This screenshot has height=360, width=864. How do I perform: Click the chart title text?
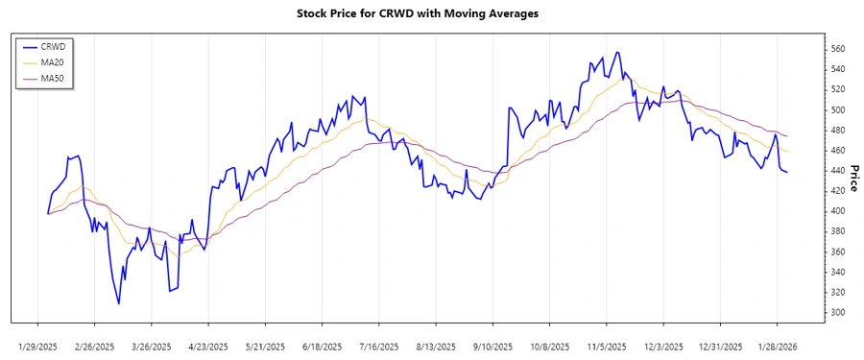(x=432, y=14)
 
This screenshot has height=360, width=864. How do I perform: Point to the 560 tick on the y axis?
(x=837, y=49)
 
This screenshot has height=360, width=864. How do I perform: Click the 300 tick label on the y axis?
(x=837, y=313)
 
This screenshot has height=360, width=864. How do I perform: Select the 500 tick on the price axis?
(x=837, y=110)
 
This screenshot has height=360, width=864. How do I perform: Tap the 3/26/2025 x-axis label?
(x=151, y=347)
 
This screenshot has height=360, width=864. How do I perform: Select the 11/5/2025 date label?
(x=607, y=347)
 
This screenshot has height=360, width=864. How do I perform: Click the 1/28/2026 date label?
(x=778, y=347)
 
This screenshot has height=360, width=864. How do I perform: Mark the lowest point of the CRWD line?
(x=119, y=304)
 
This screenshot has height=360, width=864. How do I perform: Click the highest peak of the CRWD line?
(x=616, y=52)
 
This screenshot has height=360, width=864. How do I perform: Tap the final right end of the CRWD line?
(x=787, y=172)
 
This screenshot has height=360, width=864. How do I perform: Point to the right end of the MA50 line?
(x=787, y=136)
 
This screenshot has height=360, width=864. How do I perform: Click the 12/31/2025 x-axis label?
(x=721, y=347)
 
